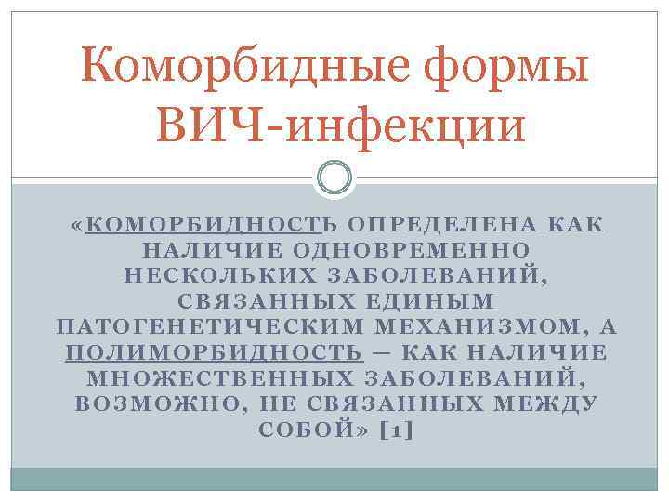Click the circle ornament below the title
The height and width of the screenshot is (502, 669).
pos(334,178)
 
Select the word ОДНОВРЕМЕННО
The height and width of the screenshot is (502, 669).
pos(412,251)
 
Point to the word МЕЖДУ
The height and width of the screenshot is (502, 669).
pos(549,405)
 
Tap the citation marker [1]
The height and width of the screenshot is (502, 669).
pos(397,431)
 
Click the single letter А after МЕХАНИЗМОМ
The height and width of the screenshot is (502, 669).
pos(610,328)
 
